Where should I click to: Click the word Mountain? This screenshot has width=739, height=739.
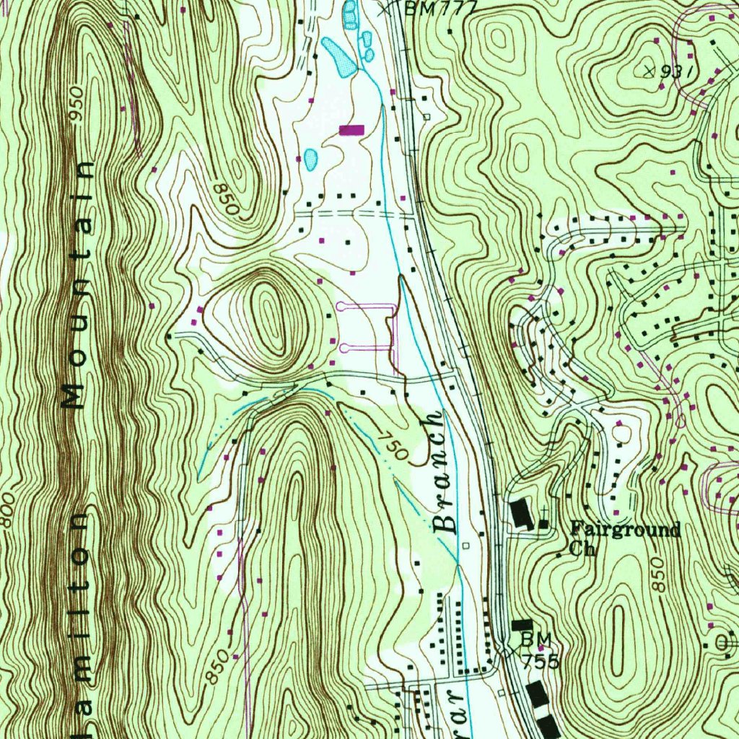[80, 284]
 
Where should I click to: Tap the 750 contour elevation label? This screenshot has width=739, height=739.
[394, 447]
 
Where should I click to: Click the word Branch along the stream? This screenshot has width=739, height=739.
[443, 472]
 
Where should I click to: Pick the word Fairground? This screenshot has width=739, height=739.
[625, 530]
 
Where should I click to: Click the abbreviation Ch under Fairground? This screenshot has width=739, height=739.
[582, 548]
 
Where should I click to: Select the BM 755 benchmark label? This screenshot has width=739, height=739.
[538, 650]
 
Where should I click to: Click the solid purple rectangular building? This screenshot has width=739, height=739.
[351, 129]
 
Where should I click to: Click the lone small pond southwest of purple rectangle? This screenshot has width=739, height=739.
[310, 158]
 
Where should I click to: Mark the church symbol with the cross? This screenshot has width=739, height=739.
[543, 522]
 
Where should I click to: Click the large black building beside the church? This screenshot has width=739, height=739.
[520, 515]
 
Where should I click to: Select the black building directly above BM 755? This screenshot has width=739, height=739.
[522, 624]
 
